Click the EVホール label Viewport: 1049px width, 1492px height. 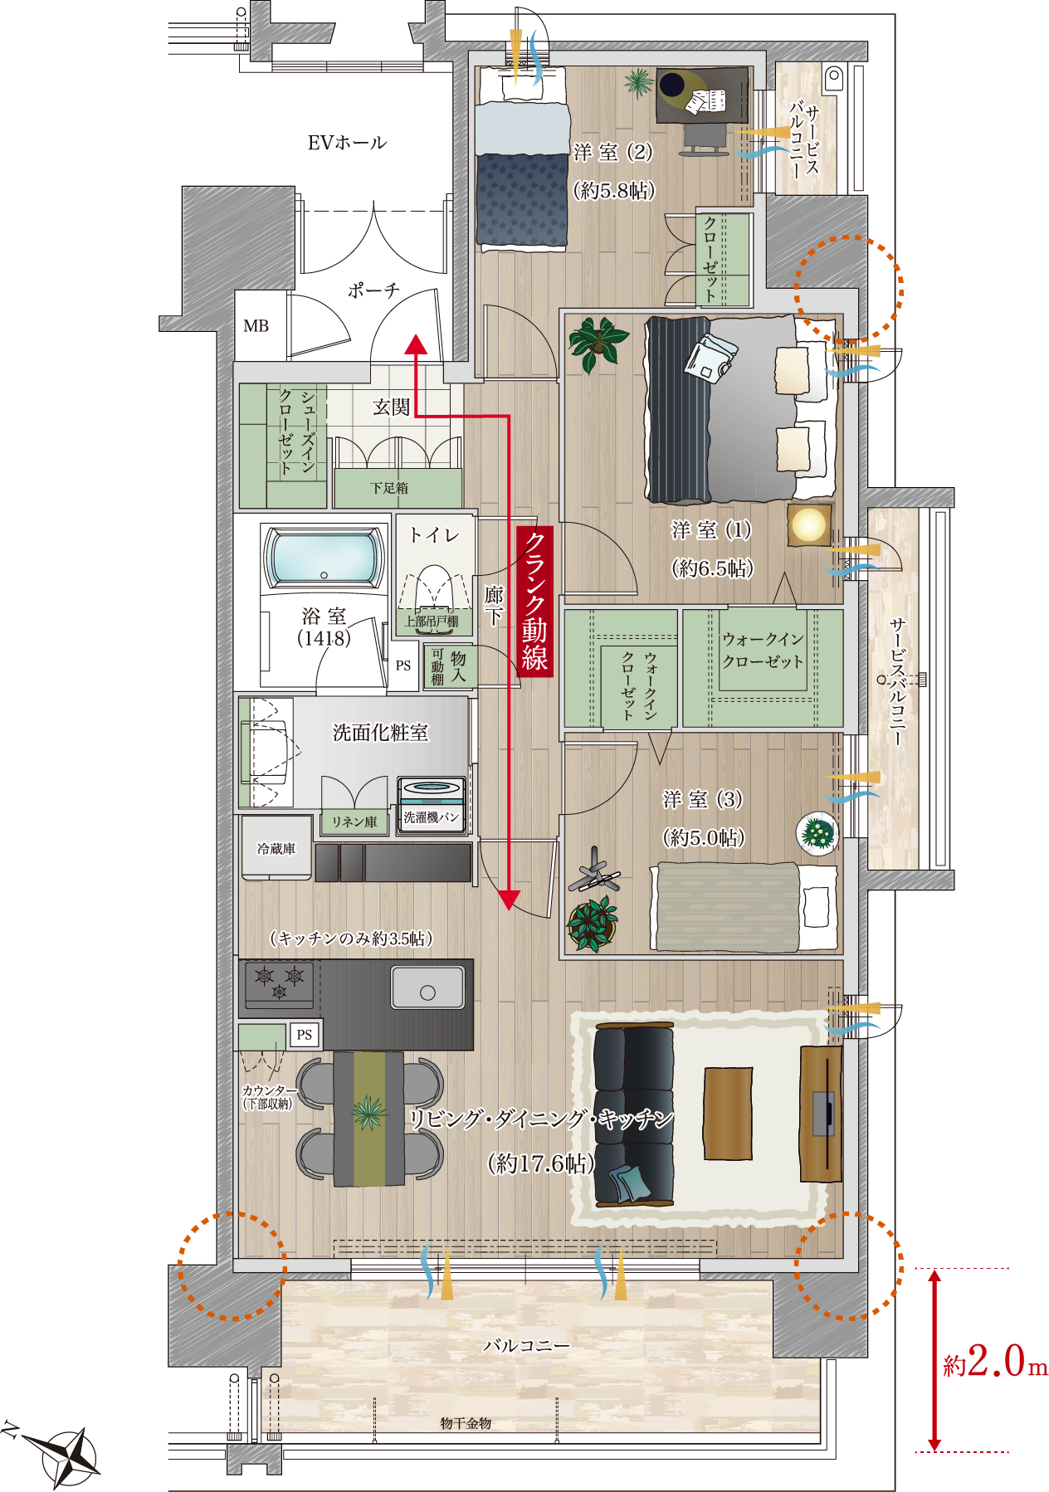click(x=347, y=143)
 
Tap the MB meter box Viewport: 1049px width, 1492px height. click(x=256, y=326)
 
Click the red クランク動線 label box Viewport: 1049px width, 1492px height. click(x=534, y=602)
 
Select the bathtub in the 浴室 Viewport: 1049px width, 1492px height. click(x=324, y=557)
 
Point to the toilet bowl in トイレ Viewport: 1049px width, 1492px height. click(x=433, y=588)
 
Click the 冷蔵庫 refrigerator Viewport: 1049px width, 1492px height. click(x=276, y=847)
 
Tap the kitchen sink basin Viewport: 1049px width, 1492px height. click(x=427, y=987)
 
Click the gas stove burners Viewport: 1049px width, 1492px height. click(x=280, y=982)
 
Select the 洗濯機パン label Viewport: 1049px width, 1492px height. click(x=431, y=817)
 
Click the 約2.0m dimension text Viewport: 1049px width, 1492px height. click(x=995, y=1362)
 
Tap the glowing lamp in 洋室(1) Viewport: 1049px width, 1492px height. click(x=808, y=524)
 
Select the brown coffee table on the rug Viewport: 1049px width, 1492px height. click(x=728, y=1113)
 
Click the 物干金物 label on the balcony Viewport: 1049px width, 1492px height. click(x=466, y=1423)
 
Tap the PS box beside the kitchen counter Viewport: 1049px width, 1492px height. click(x=305, y=1035)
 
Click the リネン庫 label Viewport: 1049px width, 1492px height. click(x=354, y=822)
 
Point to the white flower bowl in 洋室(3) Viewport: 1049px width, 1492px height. click(x=817, y=832)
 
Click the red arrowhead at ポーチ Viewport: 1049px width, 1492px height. click(x=416, y=344)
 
